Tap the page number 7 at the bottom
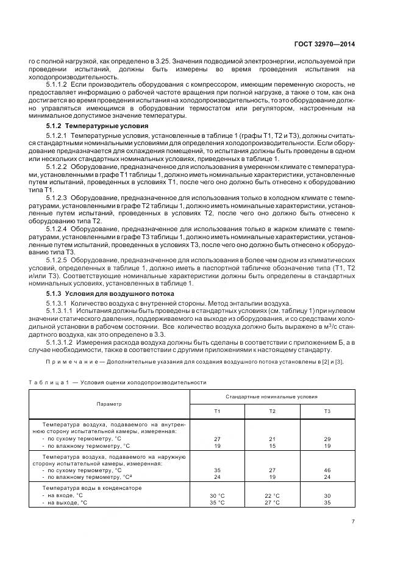point(354,521)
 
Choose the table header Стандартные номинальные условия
point(272,396)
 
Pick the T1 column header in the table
point(217,411)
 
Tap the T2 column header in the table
point(272,411)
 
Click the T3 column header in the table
point(327,411)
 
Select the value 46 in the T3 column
point(327,471)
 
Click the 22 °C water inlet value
point(272,495)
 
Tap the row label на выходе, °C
point(65,503)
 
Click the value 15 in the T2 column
point(272,445)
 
